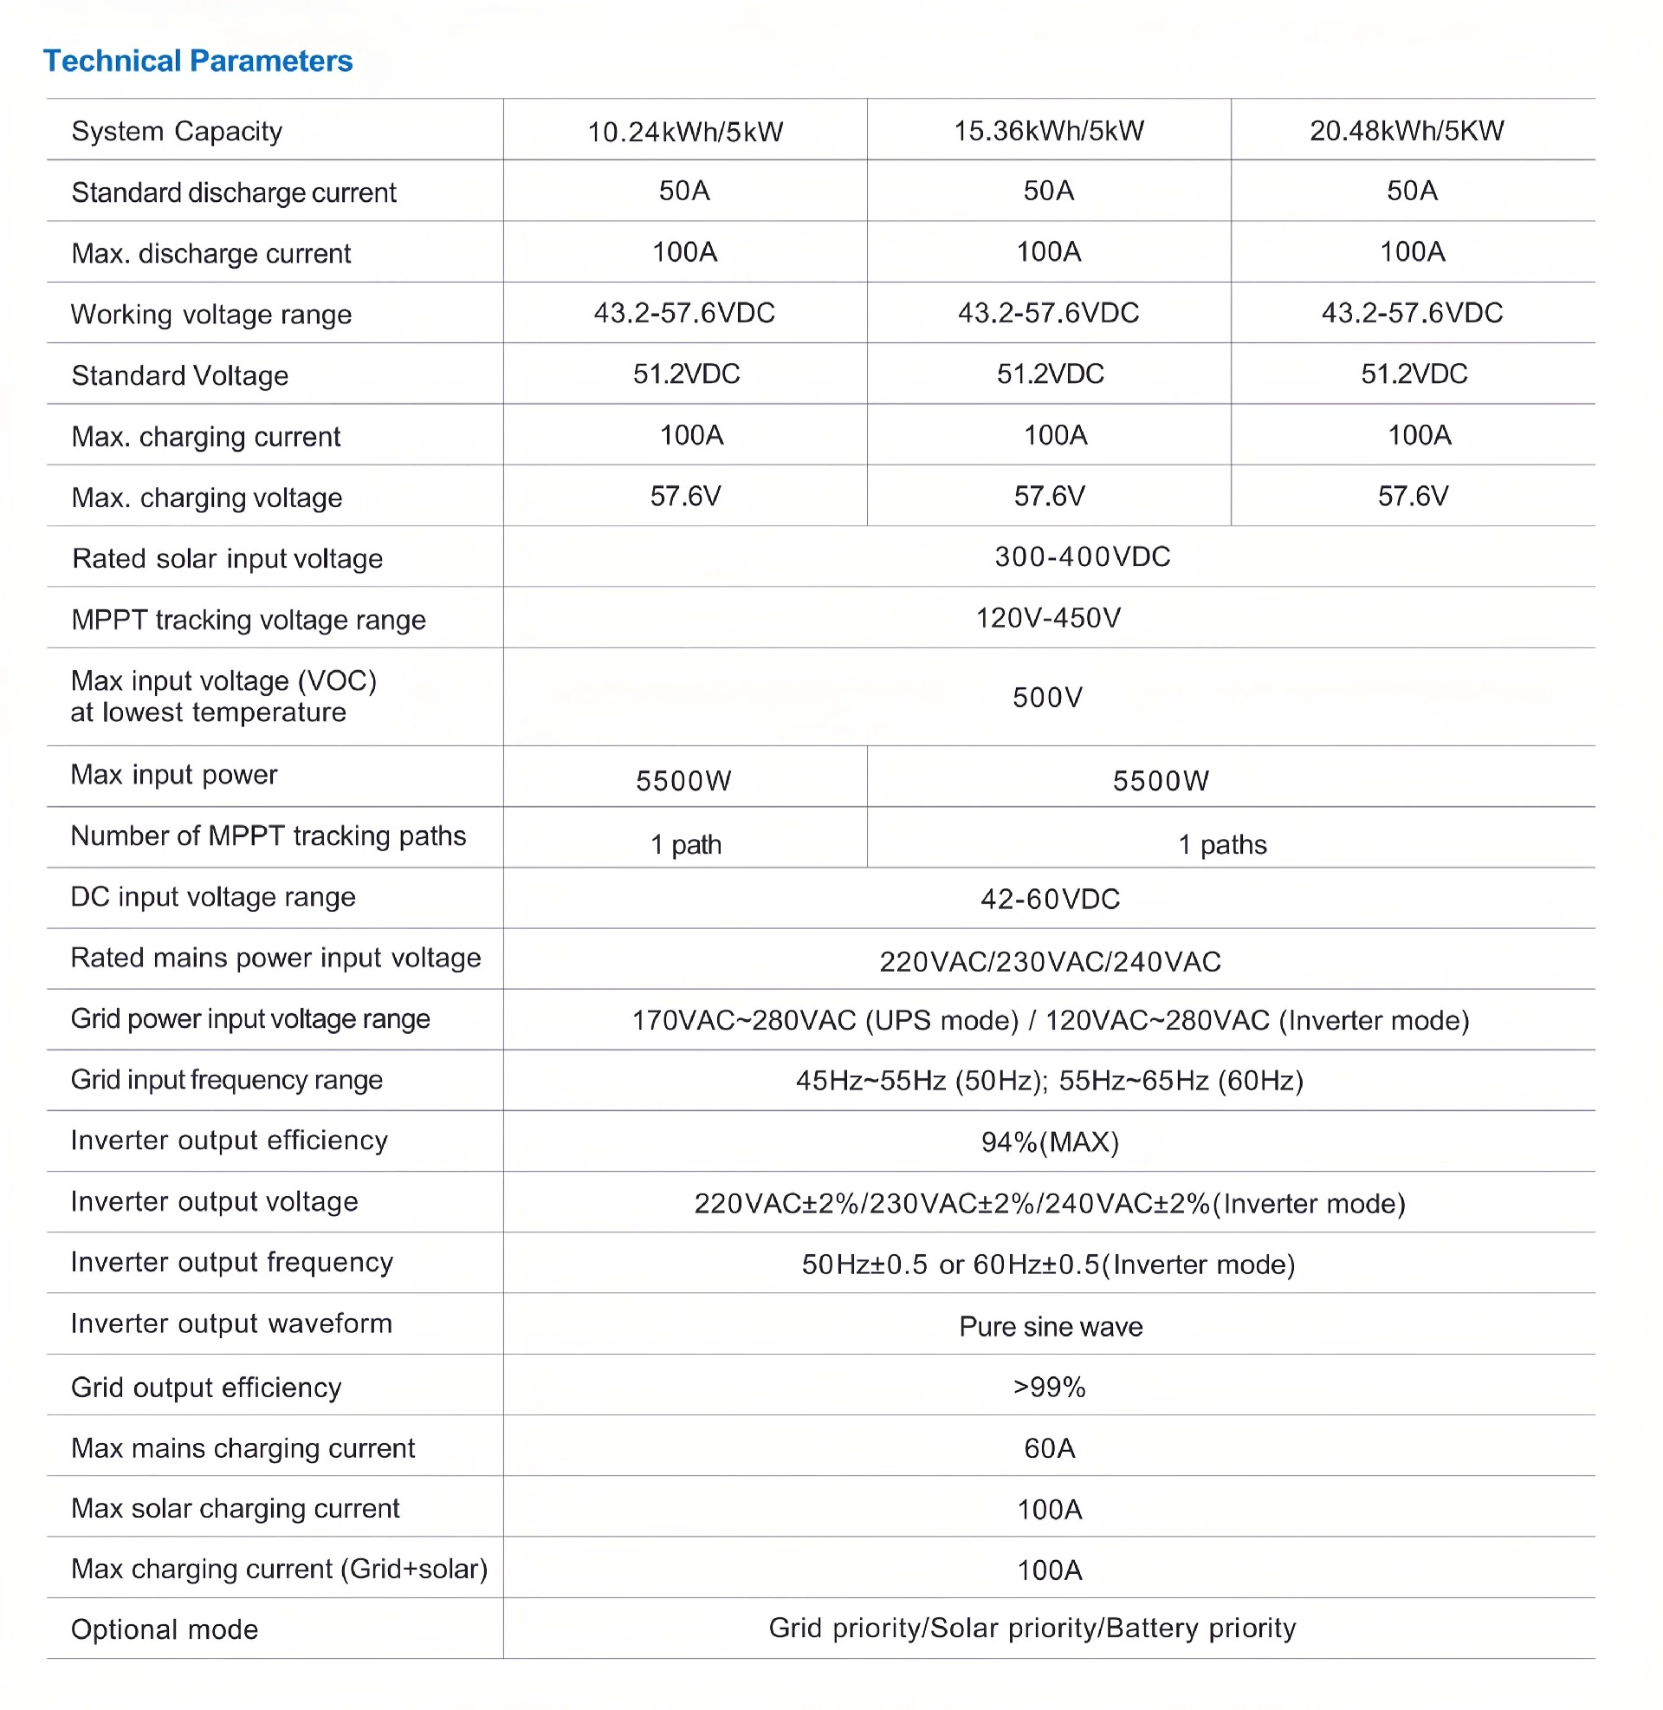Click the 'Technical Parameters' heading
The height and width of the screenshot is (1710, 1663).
pyautogui.click(x=198, y=62)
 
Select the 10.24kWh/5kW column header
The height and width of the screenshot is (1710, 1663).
pyautogui.click(x=685, y=132)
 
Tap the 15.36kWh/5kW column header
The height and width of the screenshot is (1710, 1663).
pyautogui.click(x=1048, y=131)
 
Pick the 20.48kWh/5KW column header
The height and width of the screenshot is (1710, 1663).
pyautogui.click(x=1407, y=131)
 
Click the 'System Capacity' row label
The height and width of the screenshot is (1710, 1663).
pyautogui.click(x=177, y=132)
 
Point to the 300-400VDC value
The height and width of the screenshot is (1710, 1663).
pyautogui.click(x=1082, y=556)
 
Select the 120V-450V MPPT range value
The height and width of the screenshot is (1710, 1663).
pyautogui.click(x=1048, y=619)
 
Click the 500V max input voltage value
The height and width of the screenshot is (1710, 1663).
pyautogui.click(x=1047, y=698)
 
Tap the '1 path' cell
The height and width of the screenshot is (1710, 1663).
pyautogui.click(x=686, y=845)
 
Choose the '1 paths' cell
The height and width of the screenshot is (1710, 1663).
pyautogui.click(x=1222, y=845)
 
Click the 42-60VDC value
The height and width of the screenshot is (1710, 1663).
pyautogui.click(x=1050, y=899)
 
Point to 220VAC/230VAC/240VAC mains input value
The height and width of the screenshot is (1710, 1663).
pyautogui.click(x=1050, y=962)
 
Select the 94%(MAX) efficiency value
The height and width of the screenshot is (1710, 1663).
pyautogui.click(x=1050, y=1142)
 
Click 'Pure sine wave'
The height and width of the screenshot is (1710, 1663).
pyautogui.click(x=1051, y=1326)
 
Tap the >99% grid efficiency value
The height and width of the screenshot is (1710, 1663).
pyautogui.click(x=1049, y=1388)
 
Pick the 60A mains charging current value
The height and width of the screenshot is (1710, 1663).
pyautogui.click(x=1049, y=1449)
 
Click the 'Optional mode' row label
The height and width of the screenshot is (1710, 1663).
pyautogui.click(x=165, y=1629)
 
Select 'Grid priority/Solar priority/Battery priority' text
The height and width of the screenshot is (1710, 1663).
pyautogui.click(x=1032, y=1628)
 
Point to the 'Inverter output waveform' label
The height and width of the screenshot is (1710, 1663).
pyautogui.click(x=231, y=1323)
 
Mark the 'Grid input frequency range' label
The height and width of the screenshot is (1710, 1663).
pyautogui.click(x=226, y=1080)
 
